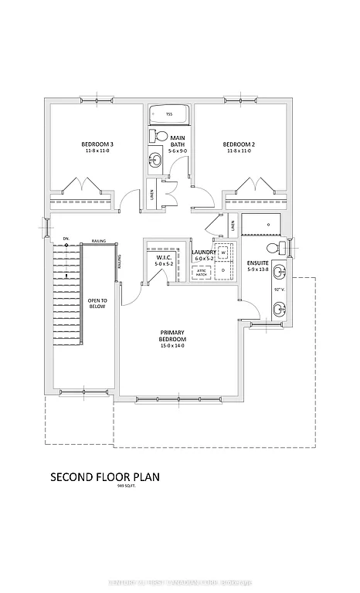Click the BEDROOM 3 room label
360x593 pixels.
98,144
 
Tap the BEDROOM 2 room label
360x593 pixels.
239,144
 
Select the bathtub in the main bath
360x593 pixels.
168,115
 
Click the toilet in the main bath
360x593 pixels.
160,136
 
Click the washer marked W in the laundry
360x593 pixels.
222,252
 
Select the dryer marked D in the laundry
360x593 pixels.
222,270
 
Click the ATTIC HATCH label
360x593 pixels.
201,273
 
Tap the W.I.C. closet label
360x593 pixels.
163,258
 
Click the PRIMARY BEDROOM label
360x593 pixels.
173,336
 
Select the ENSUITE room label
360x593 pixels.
256,263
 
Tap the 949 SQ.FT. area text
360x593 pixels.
125,487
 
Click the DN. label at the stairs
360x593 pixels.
66,239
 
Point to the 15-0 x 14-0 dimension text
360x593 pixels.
173,346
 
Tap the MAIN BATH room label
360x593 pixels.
178,141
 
